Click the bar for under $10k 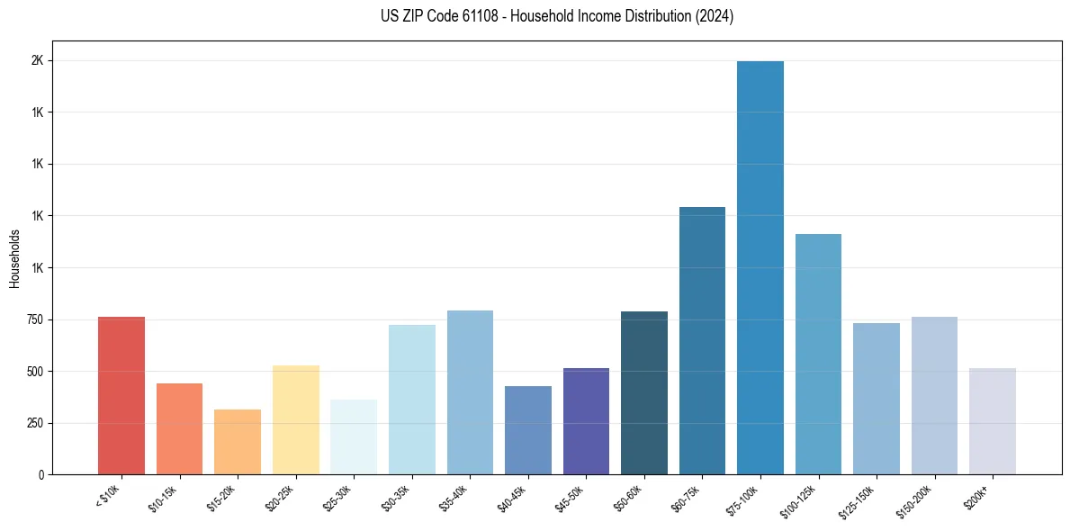[x=121, y=396]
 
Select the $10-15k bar [x=179, y=429]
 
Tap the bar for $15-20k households [x=238, y=442]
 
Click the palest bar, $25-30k [x=354, y=437]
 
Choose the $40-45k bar [x=527, y=430]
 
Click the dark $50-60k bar [x=644, y=393]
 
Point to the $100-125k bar [x=818, y=355]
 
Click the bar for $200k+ [x=993, y=421]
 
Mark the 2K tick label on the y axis [x=38, y=61]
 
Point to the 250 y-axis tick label [x=35, y=424]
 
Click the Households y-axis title [x=14, y=258]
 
